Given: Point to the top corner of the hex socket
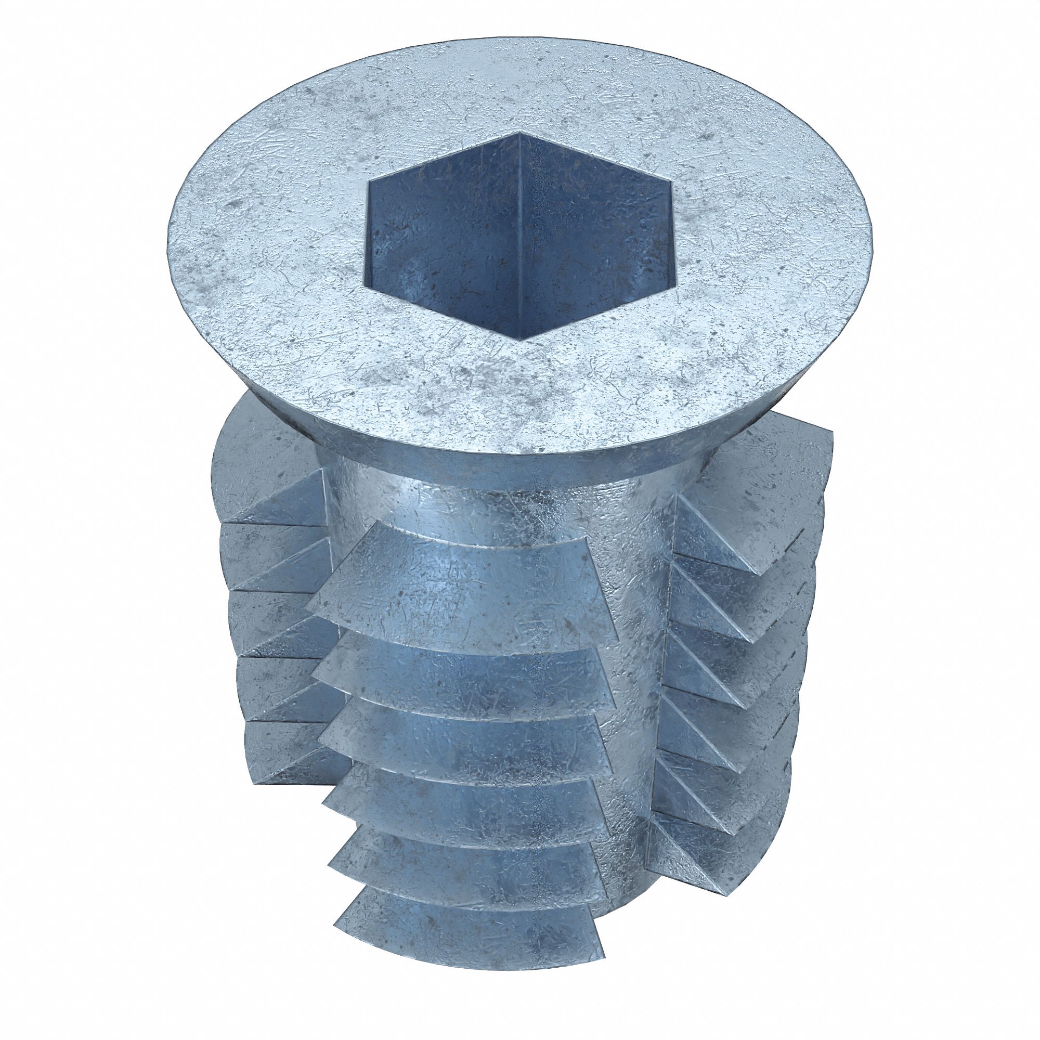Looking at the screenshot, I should click(519, 132).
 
